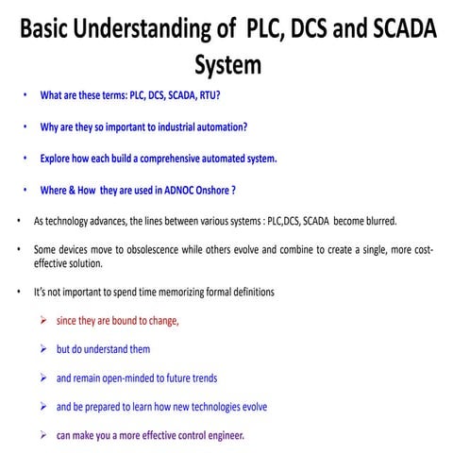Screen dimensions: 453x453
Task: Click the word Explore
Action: (55, 158)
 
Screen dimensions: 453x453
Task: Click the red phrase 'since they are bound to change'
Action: (118, 321)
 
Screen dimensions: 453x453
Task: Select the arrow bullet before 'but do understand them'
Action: (44, 349)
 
